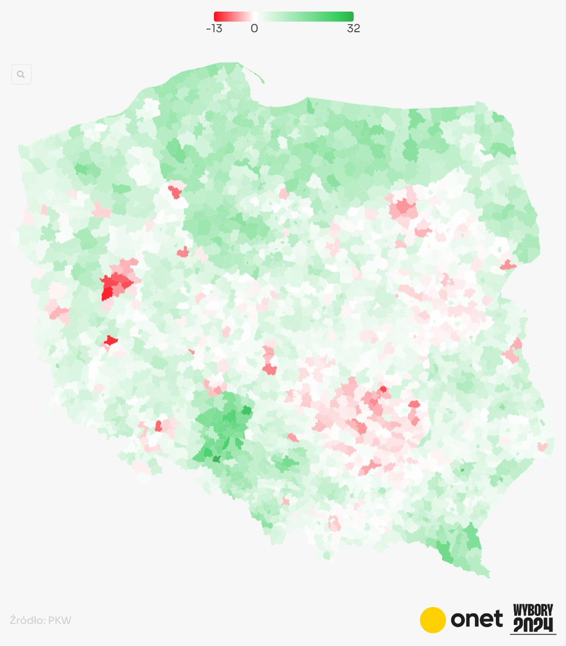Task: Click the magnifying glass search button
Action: coord(21,74)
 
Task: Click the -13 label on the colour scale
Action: coord(214,29)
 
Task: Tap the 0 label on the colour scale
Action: coord(254,29)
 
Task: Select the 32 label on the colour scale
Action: coord(353,29)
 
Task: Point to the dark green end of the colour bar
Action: coord(350,16)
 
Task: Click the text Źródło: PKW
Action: coord(40,620)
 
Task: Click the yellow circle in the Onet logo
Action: coord(433,620)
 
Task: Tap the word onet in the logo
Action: coord(477,620)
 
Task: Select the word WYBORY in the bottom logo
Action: coord(533,610)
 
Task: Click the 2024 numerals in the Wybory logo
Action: coord(533,625)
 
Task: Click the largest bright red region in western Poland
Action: coord(114,284)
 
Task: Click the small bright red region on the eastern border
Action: coord(507,265)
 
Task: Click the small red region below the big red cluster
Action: coord(110,340)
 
